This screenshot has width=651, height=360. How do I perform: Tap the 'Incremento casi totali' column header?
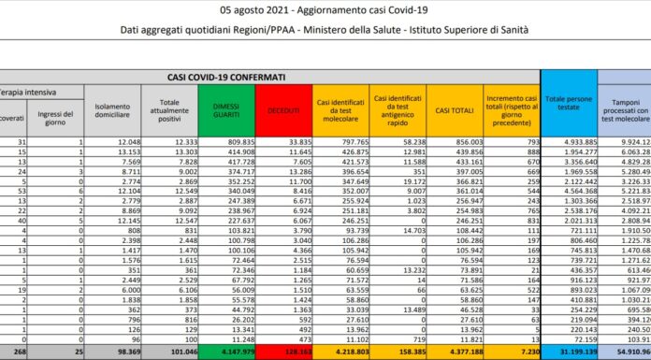(x=512, y=111)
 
